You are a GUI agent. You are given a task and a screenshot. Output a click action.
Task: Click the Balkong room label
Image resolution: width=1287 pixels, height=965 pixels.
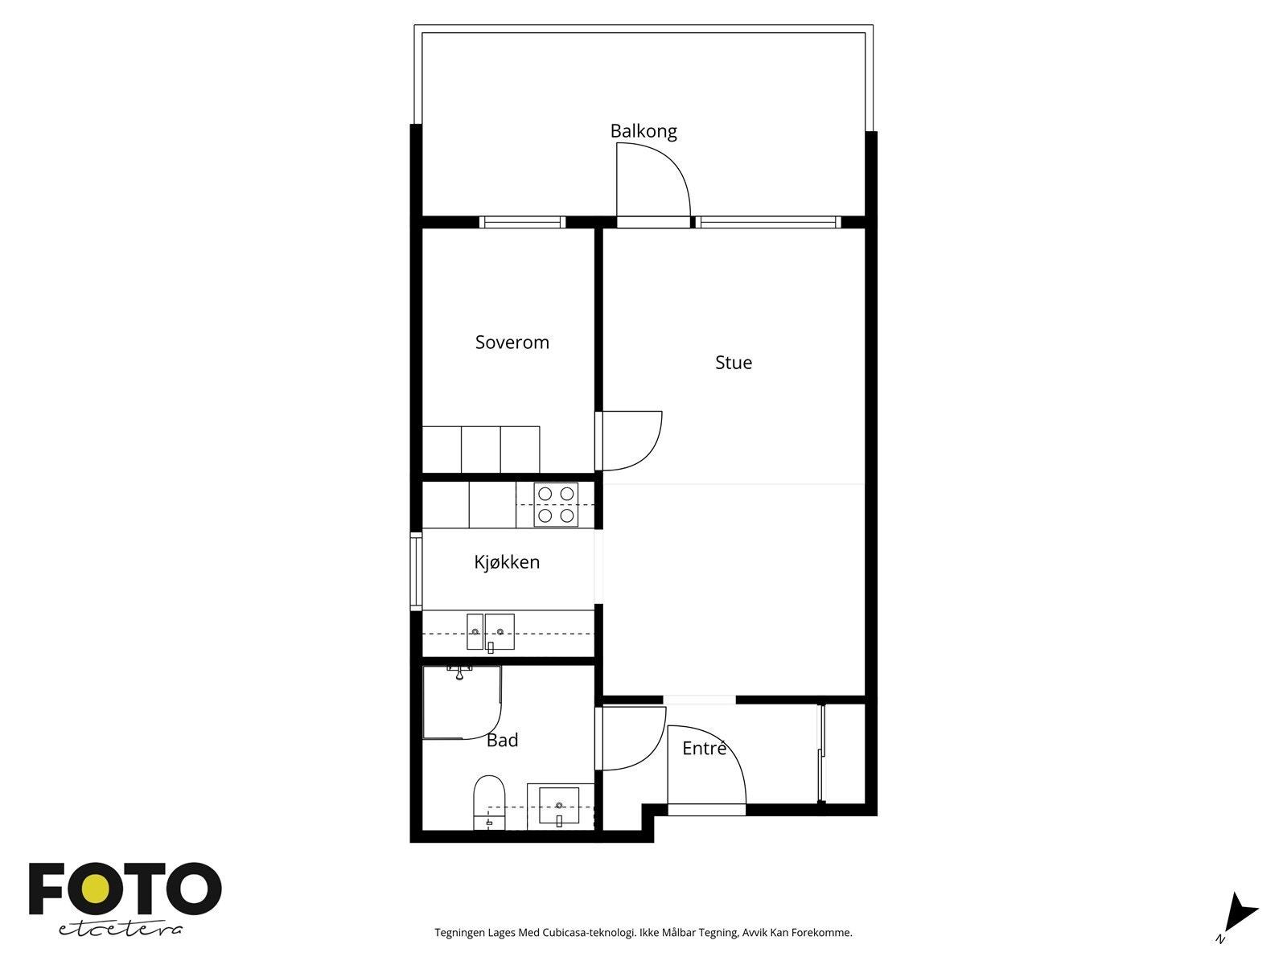coord(643,131)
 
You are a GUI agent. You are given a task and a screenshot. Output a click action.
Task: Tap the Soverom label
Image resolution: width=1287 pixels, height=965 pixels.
coord(512,343)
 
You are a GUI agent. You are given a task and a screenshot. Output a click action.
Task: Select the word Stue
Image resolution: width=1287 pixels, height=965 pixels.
coord(733,363)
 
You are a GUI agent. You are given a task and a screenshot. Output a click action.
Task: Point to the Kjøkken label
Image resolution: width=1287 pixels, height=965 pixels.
coord(506,562)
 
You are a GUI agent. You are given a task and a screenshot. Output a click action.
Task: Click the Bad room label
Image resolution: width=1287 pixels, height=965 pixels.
coord(502,741)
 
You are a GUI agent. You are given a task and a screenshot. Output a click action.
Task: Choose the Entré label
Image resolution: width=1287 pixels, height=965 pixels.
coord(704,749)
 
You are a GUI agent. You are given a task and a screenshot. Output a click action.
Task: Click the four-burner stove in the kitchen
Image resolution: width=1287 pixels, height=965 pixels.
coord(556,505)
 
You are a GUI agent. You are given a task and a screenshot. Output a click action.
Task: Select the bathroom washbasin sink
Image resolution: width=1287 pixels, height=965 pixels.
coord(559,806)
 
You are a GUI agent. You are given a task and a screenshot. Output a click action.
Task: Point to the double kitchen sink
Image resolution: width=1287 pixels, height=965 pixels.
coord(490,632)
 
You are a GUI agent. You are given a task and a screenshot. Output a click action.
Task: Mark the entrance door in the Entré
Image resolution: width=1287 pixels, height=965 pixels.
coord(706,772)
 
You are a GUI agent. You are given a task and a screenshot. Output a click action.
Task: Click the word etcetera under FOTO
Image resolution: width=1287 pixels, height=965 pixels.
coord(120,929)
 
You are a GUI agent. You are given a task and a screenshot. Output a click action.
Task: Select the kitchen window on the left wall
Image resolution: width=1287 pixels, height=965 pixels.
coord(416,572)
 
